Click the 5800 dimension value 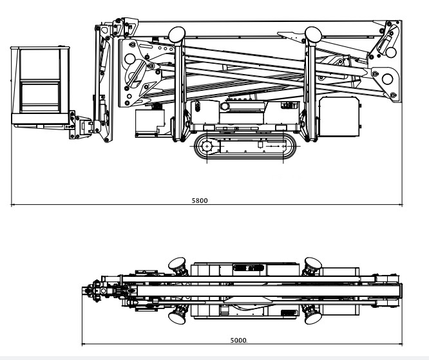(x=200, y=200)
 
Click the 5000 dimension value (x=238, y=340)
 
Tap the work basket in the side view (x=40, y=86)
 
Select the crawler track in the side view (x=245, y=146)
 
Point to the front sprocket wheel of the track (x=207, y=146)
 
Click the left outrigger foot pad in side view (x=176, y=35)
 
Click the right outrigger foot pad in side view (x=313, y=35)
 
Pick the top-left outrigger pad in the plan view (x=176, y=264)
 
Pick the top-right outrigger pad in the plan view (x=313, y=264)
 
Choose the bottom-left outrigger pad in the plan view (x=176, y=317)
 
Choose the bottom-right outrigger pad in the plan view (x=313, y=317)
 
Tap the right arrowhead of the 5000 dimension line (x=401, y=344)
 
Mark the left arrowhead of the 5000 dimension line (x=84, y=344)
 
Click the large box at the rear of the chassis (x=339, y=117)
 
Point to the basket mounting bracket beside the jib (x=80, y=125)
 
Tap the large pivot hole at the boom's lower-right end (x=387, y=79)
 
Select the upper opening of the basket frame (x=40, y=64)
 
